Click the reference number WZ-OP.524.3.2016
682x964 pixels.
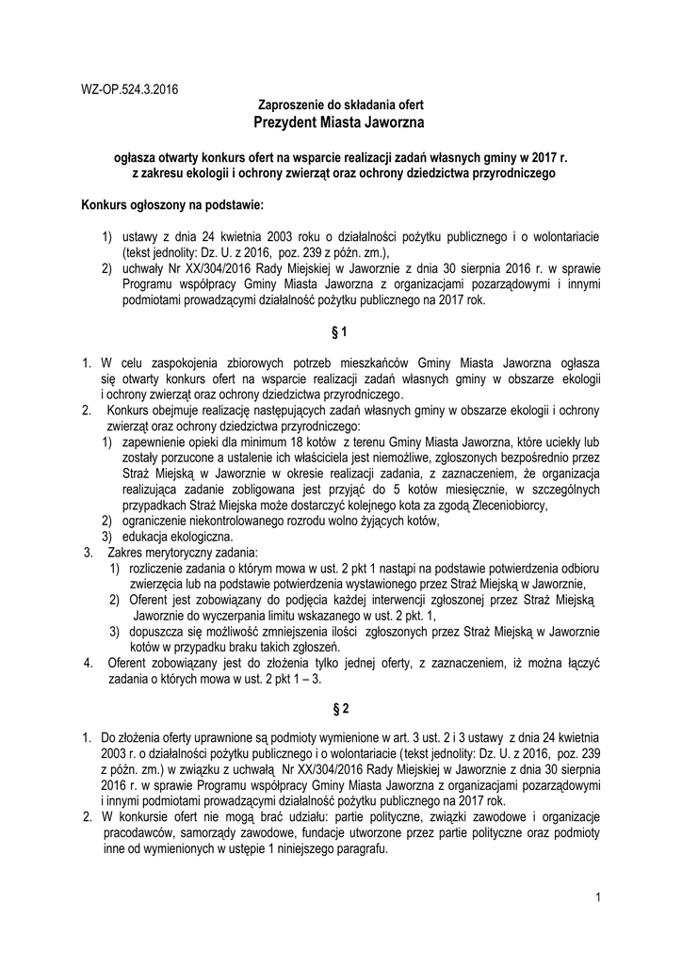(130, 90)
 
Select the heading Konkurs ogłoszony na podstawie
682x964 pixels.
(173, 203)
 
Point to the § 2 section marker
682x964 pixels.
(340, 707)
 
